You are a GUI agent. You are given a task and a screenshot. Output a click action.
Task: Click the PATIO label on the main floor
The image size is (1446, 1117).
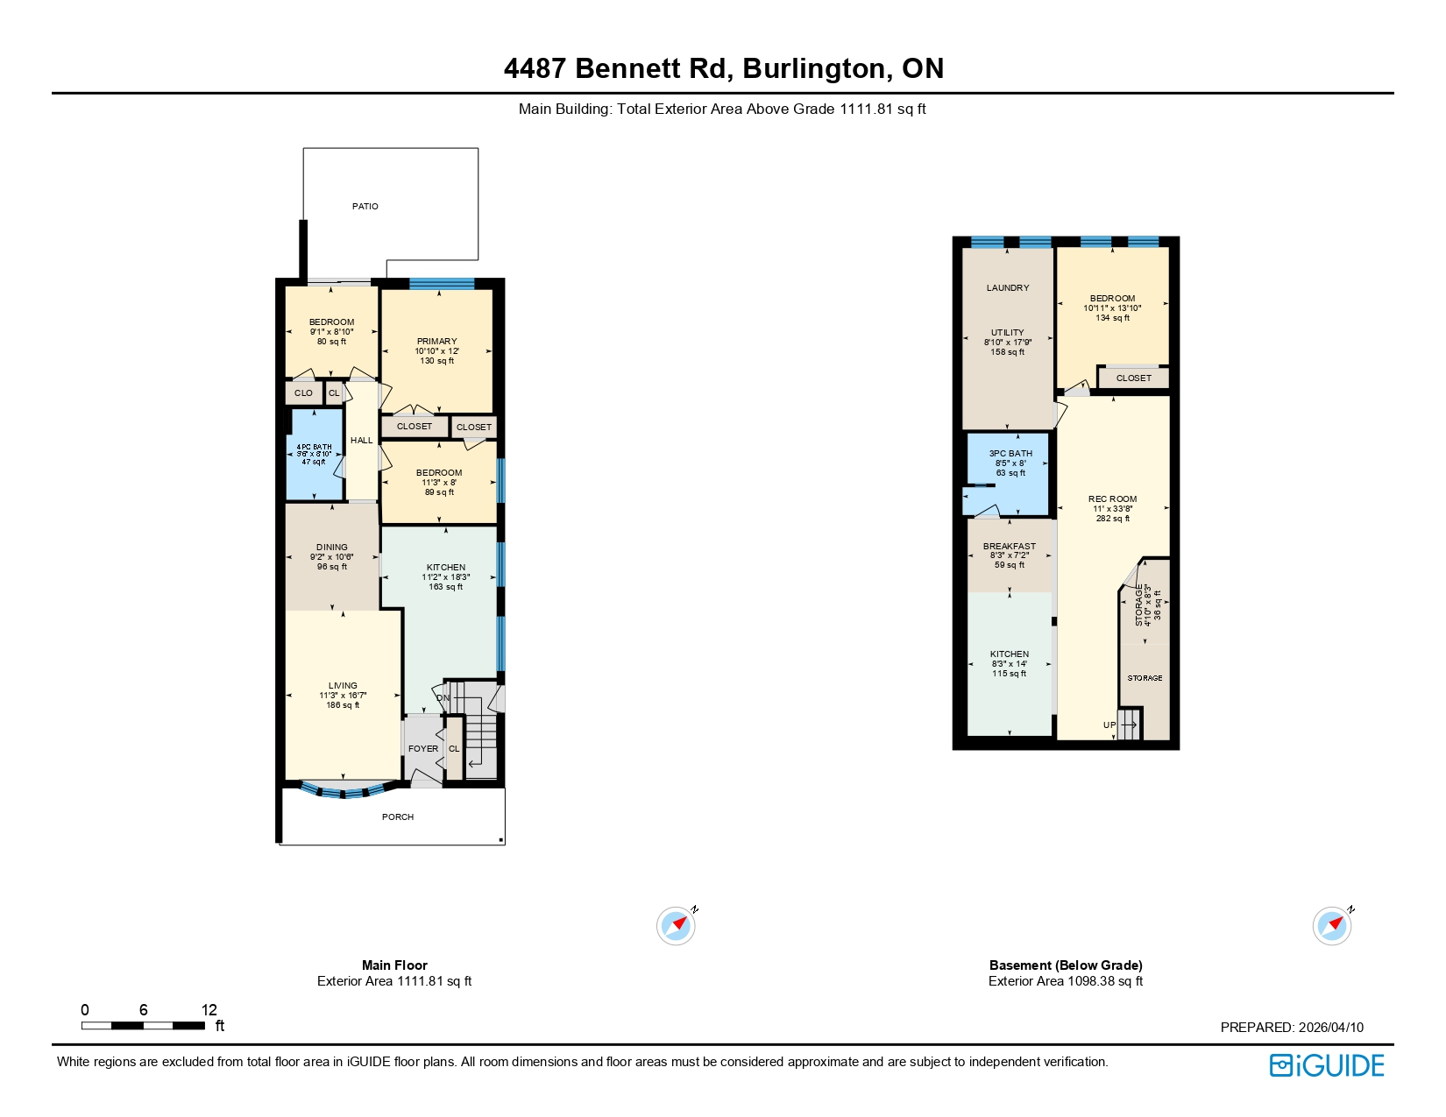coord(365,207)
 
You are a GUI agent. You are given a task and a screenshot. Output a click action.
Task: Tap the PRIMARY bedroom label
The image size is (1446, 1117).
coord(436,342)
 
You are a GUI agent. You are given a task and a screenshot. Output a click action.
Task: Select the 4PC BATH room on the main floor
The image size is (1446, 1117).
coord(314,454)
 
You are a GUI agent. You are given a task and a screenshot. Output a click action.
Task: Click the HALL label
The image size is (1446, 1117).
coord(361,441)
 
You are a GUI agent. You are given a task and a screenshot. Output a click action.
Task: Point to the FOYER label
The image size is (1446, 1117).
coord(423,749)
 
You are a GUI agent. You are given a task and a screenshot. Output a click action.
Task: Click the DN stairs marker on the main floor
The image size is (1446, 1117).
coord(443,698)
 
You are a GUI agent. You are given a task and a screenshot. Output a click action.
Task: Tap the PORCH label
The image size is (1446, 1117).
coord(398,817)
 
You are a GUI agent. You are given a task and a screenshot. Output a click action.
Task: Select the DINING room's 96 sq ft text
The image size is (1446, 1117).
coord(332,567)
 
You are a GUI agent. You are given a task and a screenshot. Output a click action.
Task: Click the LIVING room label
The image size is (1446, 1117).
coord(343,686)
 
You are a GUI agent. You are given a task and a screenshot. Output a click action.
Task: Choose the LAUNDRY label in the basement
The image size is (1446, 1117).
coord(1008,288)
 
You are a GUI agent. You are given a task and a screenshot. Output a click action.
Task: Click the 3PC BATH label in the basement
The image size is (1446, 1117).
coord(1010,454)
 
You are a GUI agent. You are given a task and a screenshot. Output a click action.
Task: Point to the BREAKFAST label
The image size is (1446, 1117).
coord(1010,547)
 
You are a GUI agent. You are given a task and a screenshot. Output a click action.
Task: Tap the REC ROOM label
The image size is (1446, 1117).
coord(1113,499)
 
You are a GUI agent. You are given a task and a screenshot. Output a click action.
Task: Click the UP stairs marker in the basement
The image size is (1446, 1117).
coord(1109,725)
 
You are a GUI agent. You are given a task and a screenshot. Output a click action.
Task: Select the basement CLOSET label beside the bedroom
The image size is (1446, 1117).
coord(1134,378)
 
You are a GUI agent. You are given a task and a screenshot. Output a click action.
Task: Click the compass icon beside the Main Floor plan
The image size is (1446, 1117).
coord(676,926)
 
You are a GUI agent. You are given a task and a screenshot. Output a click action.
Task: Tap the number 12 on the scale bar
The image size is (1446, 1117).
coord(209,1010)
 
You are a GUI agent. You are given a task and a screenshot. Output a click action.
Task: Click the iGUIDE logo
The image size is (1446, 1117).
coord(1327,1065)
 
